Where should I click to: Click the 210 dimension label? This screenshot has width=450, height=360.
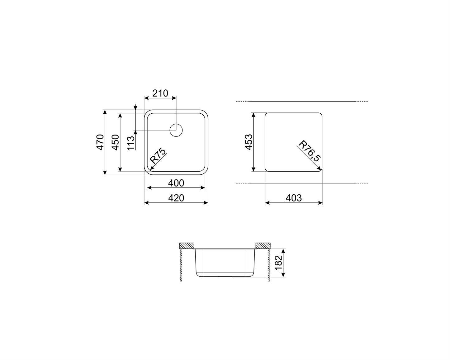(x=160, y=93)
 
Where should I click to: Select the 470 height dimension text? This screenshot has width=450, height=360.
(x=100, y=142)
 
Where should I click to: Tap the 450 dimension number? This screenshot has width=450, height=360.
(x=116, y=142)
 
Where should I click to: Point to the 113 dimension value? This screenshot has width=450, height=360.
(x=131, y=143)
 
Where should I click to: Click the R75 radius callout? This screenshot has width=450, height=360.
(x=158, y=156)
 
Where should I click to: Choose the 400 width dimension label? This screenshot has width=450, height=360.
(x=176, y=183)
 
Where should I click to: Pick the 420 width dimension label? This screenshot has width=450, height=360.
(x=176, y=198)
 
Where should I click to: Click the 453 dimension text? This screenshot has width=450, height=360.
(x=249, y=142)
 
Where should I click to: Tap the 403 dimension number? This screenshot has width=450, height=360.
(x=294, y=198)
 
